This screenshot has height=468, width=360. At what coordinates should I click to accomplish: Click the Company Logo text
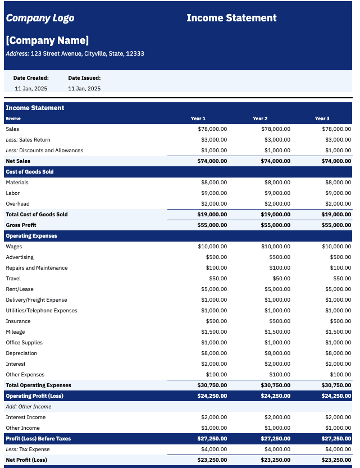tap(40, 18)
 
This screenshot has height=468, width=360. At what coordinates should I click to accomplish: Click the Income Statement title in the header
tap(231, 18)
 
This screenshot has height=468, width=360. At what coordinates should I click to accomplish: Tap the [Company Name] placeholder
tap(47, 40)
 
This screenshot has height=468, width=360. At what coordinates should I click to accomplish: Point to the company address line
tap(75, 54)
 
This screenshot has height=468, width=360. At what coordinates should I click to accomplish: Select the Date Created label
tap(31, 78)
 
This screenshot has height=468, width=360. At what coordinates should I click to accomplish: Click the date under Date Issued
tap(84, 89)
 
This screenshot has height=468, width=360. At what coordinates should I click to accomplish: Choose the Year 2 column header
tap(260, 119)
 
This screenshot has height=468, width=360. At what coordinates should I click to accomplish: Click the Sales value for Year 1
tap(212, 129)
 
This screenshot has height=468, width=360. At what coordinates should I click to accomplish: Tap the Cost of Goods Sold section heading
tap(30, 172)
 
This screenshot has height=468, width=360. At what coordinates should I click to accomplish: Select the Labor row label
tap(13, 193)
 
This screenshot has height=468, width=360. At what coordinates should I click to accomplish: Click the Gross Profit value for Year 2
tap(275, 225)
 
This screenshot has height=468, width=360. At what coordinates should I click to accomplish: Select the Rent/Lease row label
tap(20, 289)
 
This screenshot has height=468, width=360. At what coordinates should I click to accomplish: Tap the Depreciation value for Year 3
tap(338, 353)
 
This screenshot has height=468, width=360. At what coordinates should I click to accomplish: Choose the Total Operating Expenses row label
tap(38, 385)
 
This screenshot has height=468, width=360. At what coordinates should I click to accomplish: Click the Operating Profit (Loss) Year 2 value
tap(275, 396)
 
